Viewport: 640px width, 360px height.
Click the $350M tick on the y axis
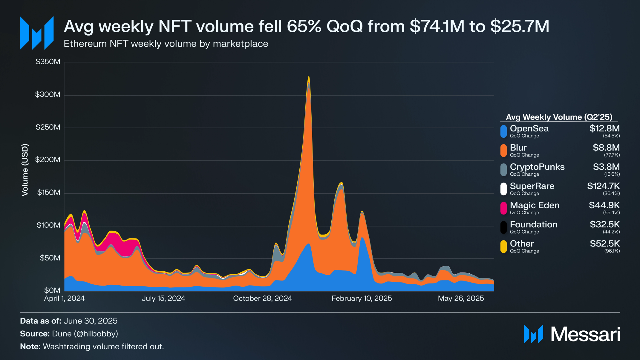tap(48, 62)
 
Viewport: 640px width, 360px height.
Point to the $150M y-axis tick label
tap(49, 192)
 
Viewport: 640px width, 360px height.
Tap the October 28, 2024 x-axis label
tap(262, 298)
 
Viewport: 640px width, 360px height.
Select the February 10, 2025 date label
tap(362, 298)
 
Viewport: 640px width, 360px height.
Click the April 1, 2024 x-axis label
tap(64, 298)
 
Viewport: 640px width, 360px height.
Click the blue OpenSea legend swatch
tap(503, 131)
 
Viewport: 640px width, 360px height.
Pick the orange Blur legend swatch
tap(503, 151)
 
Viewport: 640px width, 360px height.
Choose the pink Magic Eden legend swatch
tap(503, 208)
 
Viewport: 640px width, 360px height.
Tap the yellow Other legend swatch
tap(503, 246)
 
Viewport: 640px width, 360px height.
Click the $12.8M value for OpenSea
tap(604, 129)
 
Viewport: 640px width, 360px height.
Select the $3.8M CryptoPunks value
tap(606, 167)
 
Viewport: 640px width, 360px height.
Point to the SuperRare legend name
tap(532, 186)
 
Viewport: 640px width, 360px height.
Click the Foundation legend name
tap(534, 224)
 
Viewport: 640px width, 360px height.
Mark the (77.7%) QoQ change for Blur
tap(612, 155)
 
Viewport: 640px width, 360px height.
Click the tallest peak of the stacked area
tap(309, 77)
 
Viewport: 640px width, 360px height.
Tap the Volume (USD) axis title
tap(25, 170)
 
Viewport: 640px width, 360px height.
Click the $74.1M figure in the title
tap(437, 26)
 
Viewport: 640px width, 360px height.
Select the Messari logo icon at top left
tap(37, 33)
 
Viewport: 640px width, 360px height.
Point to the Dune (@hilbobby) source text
tap(85, 334)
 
